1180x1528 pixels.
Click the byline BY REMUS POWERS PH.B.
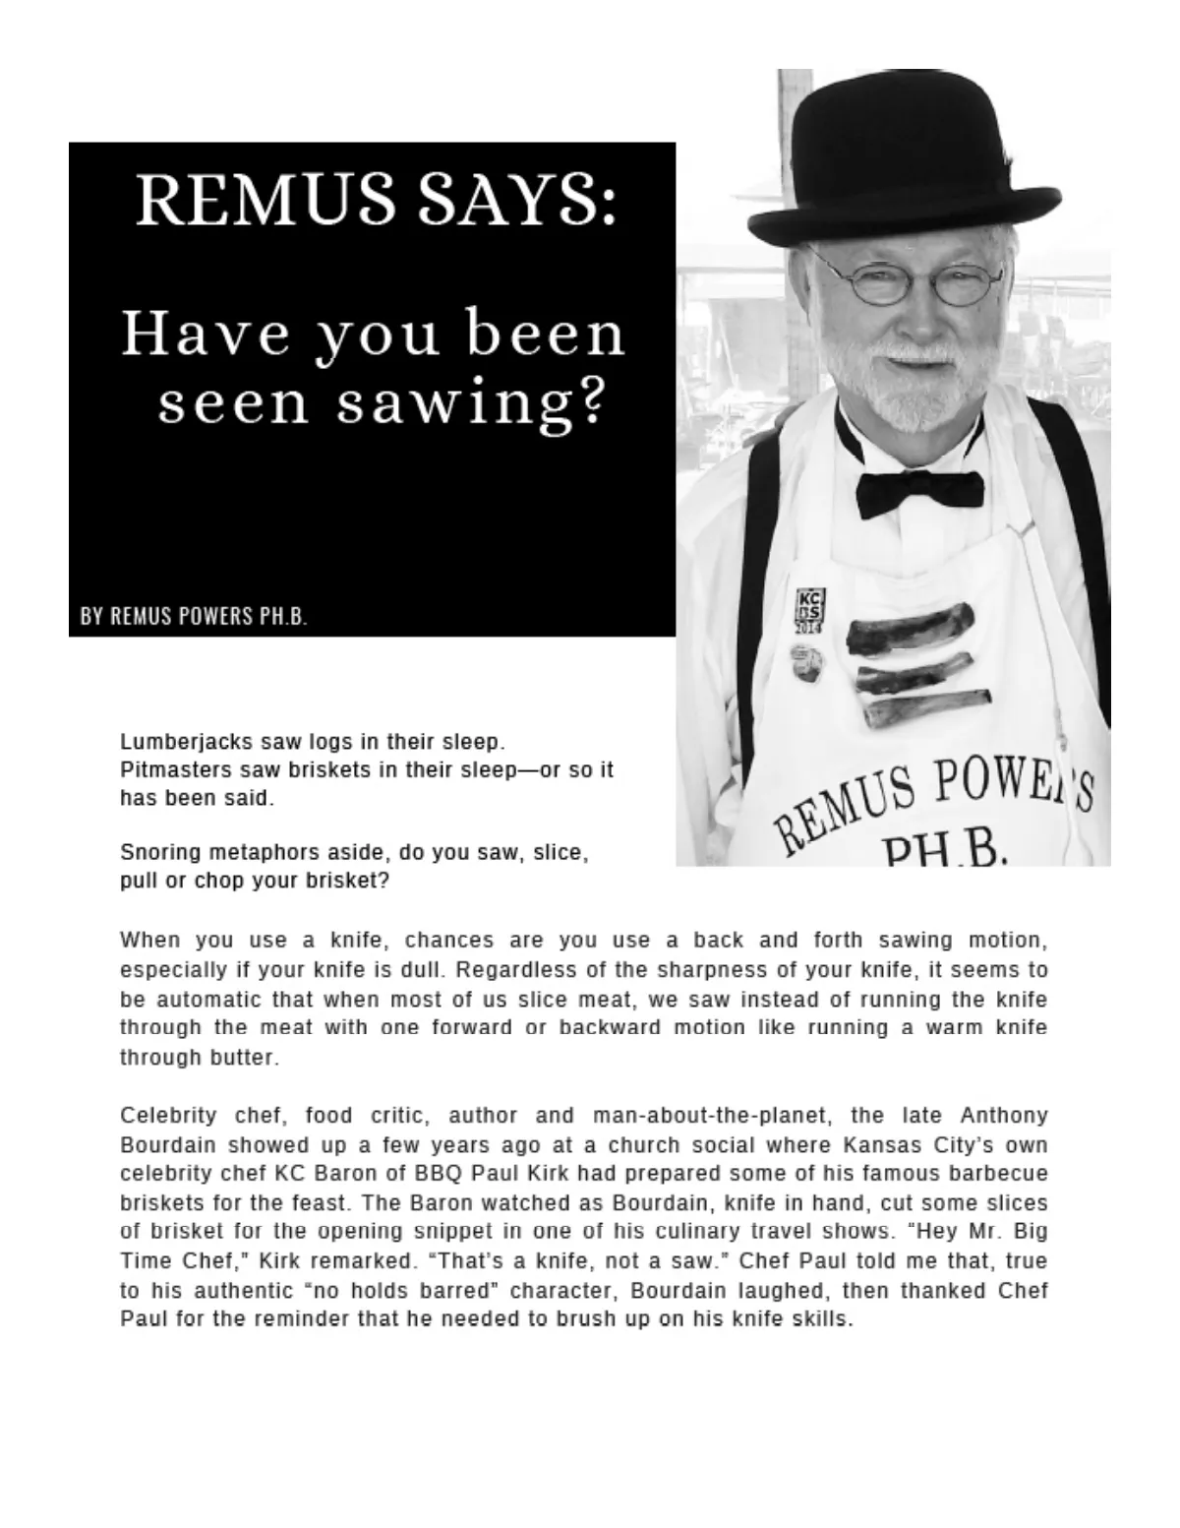point(195,617)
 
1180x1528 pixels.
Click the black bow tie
point(918,492)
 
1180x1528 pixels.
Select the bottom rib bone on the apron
point(923,707)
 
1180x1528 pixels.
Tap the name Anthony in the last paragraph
point(1004,1116)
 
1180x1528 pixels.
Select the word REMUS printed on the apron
point(834,812)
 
